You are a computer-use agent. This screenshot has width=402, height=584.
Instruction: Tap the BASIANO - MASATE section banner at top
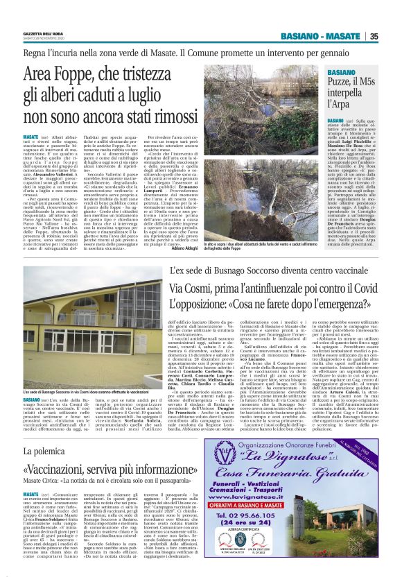click(326, 36)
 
